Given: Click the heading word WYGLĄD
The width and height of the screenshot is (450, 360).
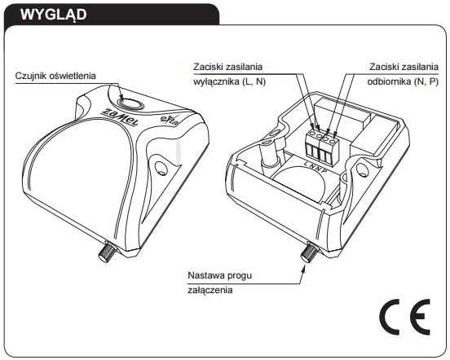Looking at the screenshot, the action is point(53,15).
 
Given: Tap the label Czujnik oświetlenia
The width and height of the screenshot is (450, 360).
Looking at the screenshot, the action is point(55,76).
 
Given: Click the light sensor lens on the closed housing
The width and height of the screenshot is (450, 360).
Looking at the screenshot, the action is point(130,104).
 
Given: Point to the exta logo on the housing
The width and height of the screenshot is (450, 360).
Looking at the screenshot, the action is point(170,121).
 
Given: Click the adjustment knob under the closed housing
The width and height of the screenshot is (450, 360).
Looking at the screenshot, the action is point(107,251).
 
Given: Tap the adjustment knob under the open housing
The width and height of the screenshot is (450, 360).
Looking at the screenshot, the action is point(309,252).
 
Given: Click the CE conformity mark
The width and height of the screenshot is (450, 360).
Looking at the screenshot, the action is point(405,317).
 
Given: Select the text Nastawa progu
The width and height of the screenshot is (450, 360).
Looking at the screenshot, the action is point(220,275).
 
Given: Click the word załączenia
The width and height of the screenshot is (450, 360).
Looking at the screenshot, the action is point(210,290).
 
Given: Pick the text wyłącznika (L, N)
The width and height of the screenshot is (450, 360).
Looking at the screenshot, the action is point(230,81).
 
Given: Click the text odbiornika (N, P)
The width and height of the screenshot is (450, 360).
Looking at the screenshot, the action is point(403,81).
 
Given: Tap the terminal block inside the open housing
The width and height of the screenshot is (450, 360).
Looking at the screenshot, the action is point(322,146).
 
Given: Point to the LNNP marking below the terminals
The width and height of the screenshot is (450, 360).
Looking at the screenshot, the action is point(315,167).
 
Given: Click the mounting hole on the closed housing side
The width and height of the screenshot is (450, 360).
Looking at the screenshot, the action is point(161,168).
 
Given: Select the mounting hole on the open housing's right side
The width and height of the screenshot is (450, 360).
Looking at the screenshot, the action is point(362,169).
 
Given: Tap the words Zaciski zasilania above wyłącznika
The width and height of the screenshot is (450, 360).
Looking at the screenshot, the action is point(228,67).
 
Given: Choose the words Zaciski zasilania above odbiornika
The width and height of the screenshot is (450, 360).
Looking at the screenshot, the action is point(404,67).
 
